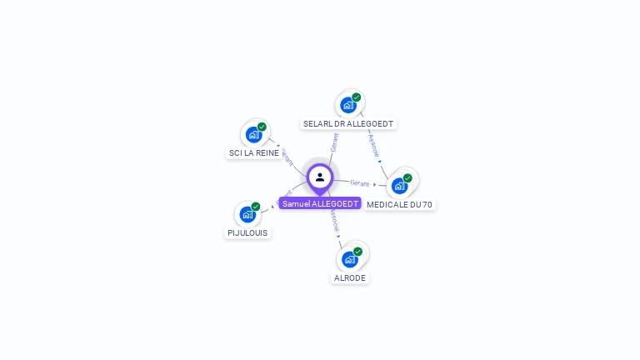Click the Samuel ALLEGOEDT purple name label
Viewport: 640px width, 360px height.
click(x=320, y=203)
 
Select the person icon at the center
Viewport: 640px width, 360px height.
click(x=320, y=177)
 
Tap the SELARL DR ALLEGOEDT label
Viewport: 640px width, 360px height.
click(x=348, y=123)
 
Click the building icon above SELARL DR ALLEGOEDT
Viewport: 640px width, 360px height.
click(x=348, y=105)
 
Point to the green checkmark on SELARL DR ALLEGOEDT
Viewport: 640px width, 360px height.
click(x=357, y=97)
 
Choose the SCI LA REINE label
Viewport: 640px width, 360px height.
click(x=254, y=153)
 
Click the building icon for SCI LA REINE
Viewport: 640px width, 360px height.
click(x=253, y=135)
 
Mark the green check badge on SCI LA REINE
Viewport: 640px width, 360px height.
click(x=262, y=127)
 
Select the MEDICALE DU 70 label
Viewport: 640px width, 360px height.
click(x=400, y=204)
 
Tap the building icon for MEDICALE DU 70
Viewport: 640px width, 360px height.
click(x=400, y=186)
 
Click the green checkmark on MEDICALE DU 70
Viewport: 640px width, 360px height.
click(x=407, y=177)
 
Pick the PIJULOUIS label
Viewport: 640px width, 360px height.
click(x=247, y=233)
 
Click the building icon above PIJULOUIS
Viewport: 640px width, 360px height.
click(x=247, y=215)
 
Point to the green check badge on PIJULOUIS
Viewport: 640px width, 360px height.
click(x=256, y=207)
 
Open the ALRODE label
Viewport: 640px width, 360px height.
click(x=350, y=277)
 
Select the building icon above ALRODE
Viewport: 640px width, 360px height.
click(x=350, y=259)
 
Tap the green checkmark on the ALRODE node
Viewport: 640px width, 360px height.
click(x=357, y=251)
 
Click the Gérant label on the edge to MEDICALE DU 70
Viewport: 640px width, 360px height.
click(x=360, y=182)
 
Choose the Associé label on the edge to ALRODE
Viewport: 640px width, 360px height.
click(x=334, y=221)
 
